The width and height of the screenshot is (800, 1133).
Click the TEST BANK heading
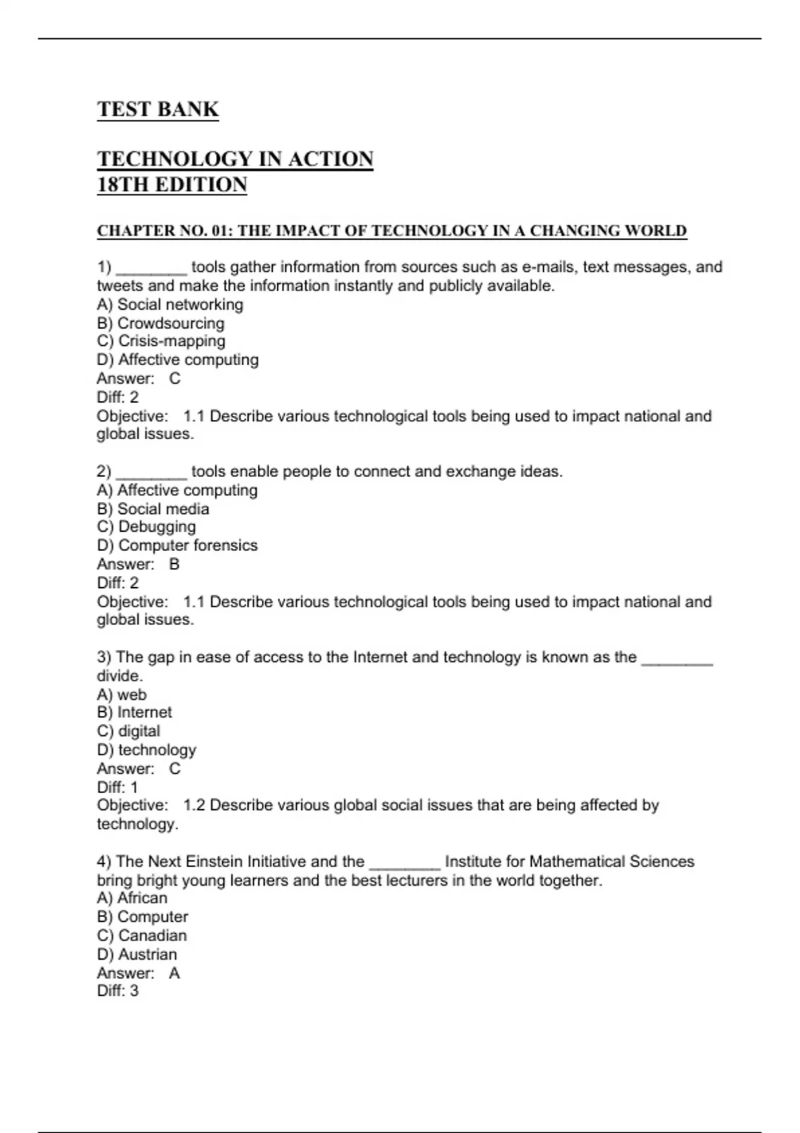point(157,109)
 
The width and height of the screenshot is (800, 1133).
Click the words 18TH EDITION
point(172,185)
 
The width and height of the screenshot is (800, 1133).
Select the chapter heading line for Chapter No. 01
point(391,231)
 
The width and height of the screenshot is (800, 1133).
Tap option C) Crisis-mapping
point(161,341)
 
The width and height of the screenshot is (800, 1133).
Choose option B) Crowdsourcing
point(160,323)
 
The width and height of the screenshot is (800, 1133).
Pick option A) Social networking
point(169,305)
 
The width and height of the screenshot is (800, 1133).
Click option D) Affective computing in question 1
point(177,360)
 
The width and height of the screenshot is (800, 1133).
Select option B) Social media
point(153,509)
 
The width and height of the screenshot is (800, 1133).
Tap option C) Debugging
point(146,527)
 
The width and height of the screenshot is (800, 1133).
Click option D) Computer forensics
point(177,545)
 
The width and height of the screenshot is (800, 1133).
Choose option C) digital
point(129,731)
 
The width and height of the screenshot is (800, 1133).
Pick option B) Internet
point(134,712)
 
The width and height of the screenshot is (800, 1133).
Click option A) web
point(121,694)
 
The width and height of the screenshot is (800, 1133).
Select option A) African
point(132,898)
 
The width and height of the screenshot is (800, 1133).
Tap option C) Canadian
point(141,936)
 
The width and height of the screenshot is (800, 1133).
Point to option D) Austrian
point(137,954)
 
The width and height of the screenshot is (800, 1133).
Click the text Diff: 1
point(117,787)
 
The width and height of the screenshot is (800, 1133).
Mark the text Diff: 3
point(117,991)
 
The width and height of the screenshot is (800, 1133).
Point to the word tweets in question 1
point(119,286)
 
